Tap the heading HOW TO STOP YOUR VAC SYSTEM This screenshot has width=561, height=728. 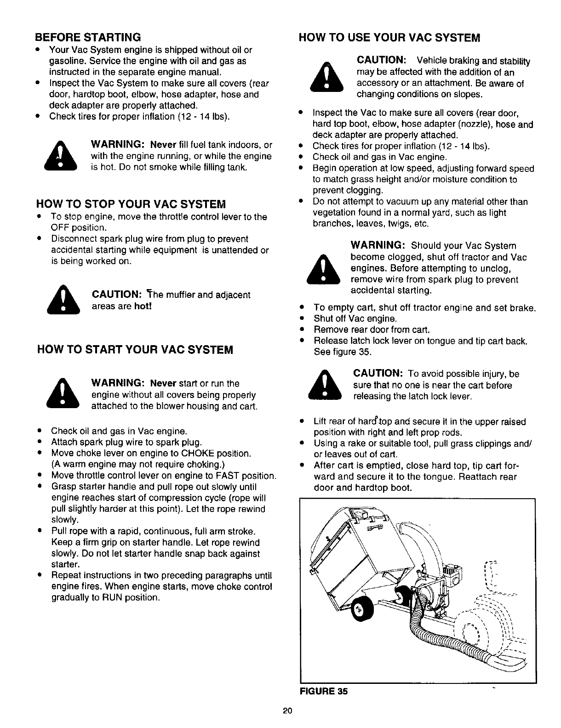[131, 204]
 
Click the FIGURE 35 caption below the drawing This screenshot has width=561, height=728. [324, 691]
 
